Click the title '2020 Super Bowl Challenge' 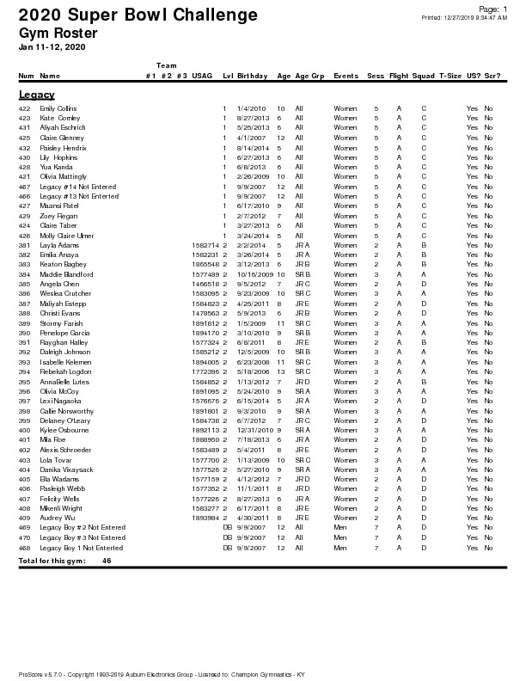(138, 16)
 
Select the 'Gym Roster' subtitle (58, 34)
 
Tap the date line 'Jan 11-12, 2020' (52, 46)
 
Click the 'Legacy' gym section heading (37, 95)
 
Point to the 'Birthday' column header (252, 76)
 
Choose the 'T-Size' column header (450, 76)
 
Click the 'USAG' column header (202, 76)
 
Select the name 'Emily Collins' (58, 108)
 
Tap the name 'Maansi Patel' (59, 206)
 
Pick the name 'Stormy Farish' (60, 323)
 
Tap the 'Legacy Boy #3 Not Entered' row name (83, 538)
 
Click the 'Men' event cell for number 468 (339, 548)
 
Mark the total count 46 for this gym (107, 561)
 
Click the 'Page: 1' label (492, 8)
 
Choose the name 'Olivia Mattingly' (64, 176)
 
